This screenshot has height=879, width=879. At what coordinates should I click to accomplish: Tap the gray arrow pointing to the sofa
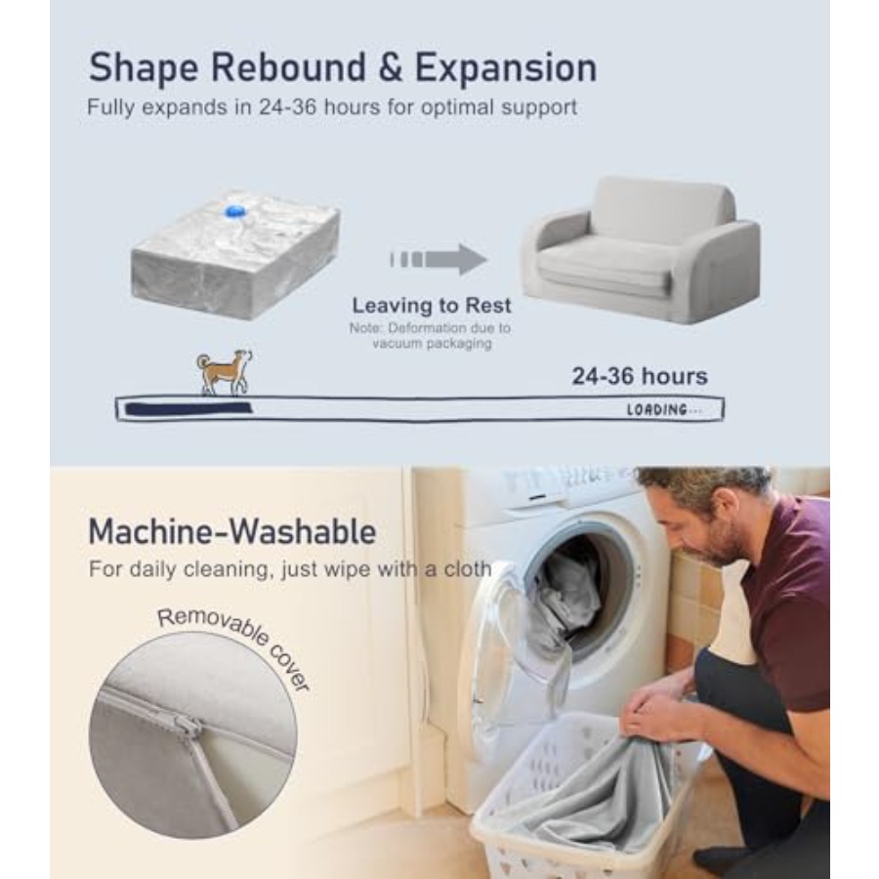click(439, 259)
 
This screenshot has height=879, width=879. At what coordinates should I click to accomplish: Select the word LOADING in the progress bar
click(656, 410)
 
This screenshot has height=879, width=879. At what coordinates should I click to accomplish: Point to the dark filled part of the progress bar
click(188, 408)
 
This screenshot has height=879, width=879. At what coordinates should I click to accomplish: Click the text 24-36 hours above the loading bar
click(640, 376)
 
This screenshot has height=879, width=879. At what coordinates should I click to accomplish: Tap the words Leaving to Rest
click(432, 306)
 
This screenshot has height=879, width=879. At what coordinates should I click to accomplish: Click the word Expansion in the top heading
click(506, 67)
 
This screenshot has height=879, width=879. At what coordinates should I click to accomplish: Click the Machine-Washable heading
click(232, 531)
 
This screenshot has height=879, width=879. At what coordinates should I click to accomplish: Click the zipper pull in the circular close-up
click(187, 727)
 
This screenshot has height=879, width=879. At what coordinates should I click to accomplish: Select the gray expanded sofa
click(641, 249)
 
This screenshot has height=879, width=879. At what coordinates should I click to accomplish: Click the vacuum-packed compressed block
click(235, 256)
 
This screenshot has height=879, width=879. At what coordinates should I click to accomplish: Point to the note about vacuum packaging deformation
click(431, 335)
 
